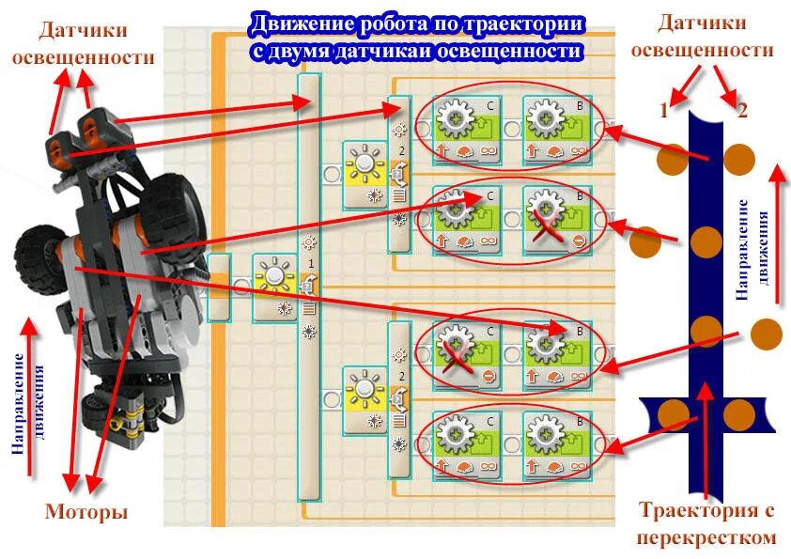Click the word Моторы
[x=85, y=513]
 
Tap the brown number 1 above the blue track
[x=664, y=110]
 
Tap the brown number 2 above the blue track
[x=742, y=110]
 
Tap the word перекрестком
[x=706, y=537]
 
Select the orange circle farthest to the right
[x=766, y=333]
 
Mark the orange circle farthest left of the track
[x=644, y=243]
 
